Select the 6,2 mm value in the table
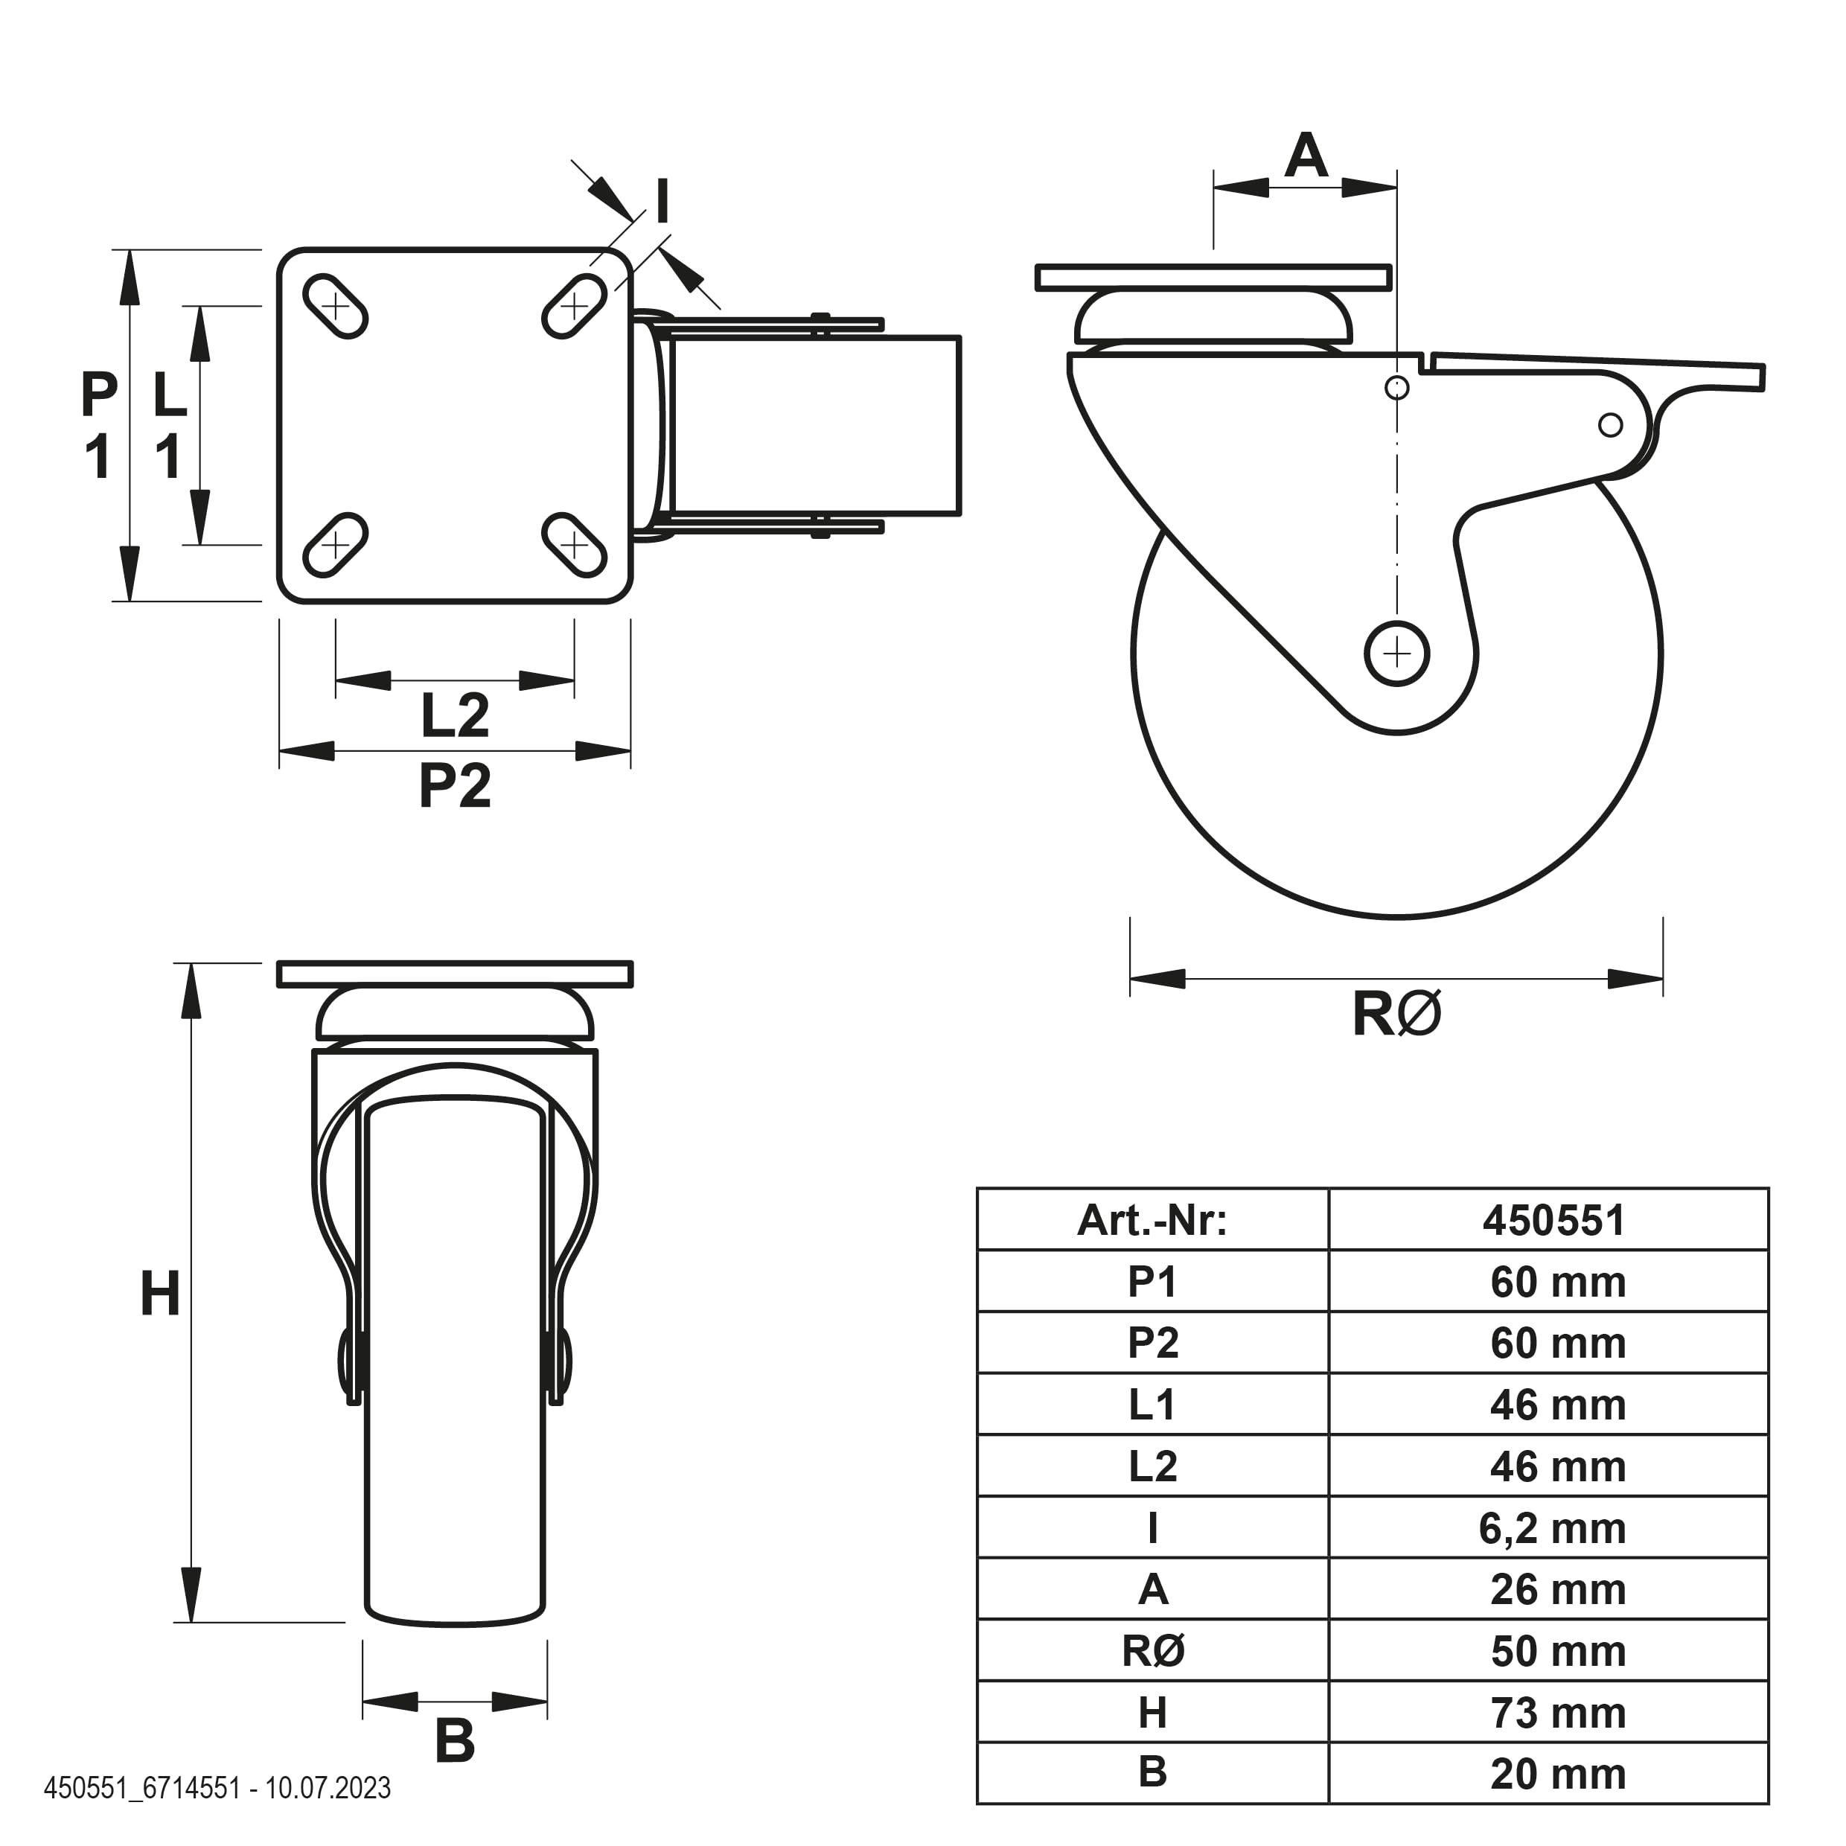(1553, 1529)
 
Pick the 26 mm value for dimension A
(1557, 1590)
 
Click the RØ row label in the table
(1153, 1651)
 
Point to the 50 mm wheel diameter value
(1557, 1651)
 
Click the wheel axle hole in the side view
(1397, 654)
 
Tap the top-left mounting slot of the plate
(336, 306)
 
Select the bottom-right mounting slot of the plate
(574, 546)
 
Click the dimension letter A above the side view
(1306, 155)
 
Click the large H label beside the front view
(161, 1294)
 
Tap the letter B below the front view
(455, 1741)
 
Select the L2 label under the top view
(455, 715)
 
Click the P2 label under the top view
(455, 785)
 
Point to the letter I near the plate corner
(661, 202)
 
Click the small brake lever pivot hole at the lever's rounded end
(1610, 424)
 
